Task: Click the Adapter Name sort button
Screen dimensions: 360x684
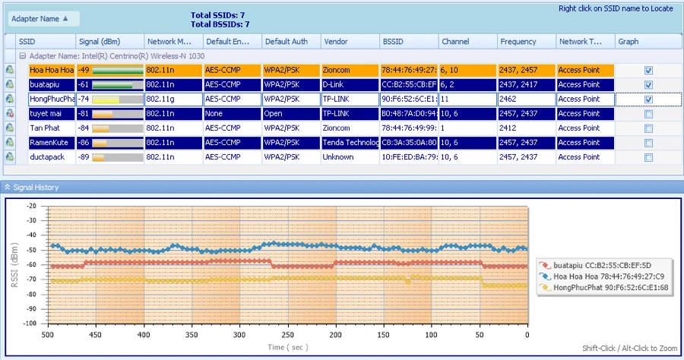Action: [x=43, y=18]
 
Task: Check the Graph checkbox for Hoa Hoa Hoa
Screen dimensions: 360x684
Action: [x=648, y=71]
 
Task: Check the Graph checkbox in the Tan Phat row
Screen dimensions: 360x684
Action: [x=648, y=128]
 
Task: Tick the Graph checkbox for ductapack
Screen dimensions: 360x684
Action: [x=648, y=157]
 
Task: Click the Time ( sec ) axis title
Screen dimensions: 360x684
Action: [x=287, y=347]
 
